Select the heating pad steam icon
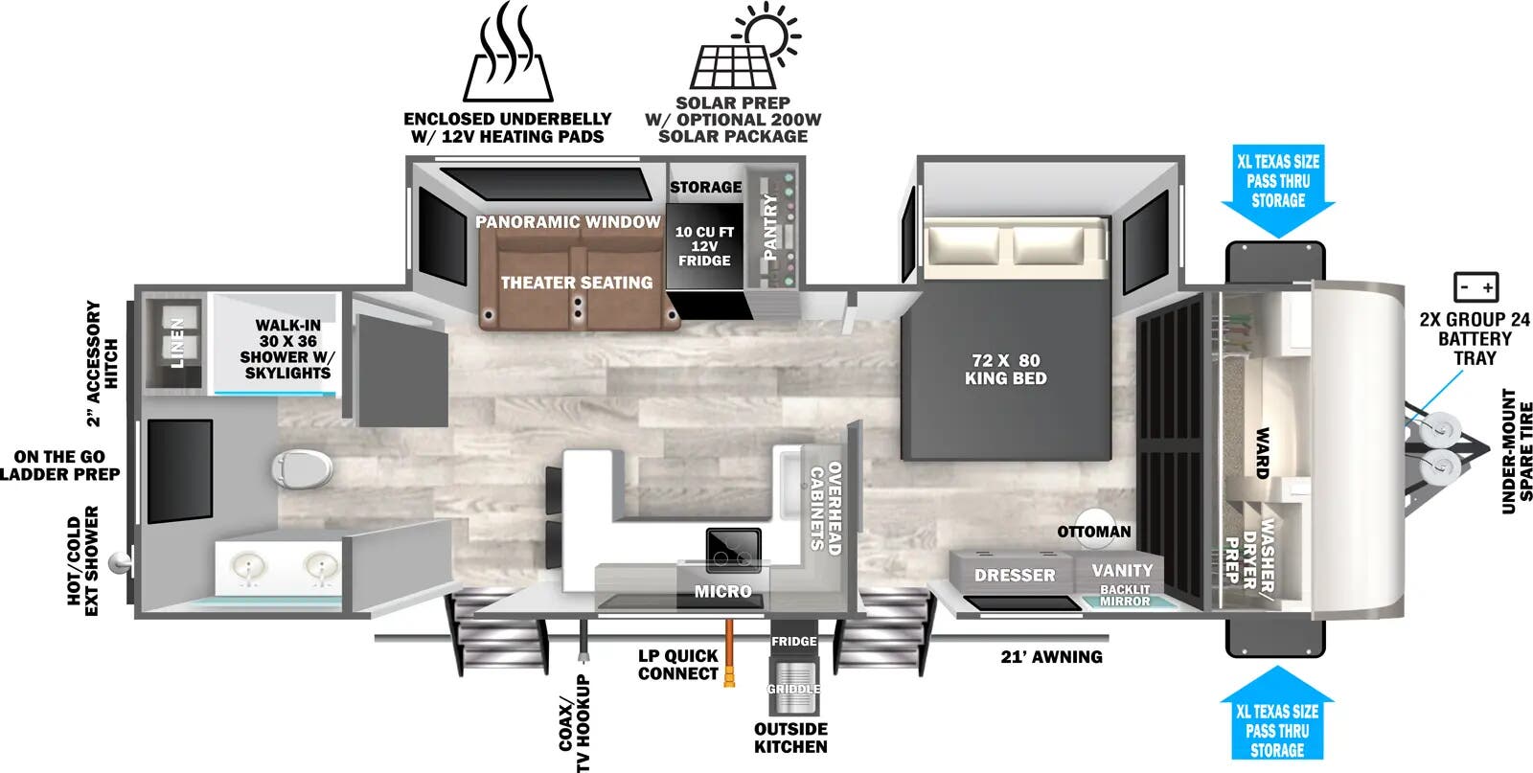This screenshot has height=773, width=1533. (x=507, y=52)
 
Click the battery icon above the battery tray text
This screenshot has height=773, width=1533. (x=1476, y=287)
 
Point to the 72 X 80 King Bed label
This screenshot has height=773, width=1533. (x=1005, y=370)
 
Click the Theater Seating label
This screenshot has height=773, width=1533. (x=576, y=283)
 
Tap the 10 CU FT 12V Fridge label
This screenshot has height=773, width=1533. (x=704, y=246)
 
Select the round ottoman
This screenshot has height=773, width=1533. (x=1095, y=528)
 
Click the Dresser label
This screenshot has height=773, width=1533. (x=1015, y=576)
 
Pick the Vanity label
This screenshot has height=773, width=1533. (x=1122, y=570)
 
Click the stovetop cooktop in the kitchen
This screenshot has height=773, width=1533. (x=734, y=550)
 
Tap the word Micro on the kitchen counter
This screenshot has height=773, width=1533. (x=722, y=591)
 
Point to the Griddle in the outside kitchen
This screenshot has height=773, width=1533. (x=793, y=689)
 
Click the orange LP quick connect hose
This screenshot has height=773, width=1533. (x=729, y=652)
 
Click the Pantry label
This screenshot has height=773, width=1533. (x=770, y=226)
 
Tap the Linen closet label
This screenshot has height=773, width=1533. (x=177, y=343)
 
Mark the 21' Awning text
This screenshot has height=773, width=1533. (x=1051, y=657)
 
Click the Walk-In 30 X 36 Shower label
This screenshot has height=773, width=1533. (x=287, y=349)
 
